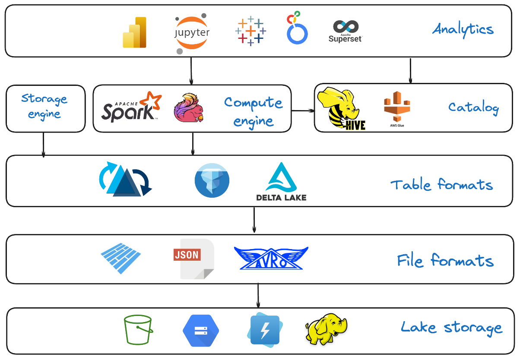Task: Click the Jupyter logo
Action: click(x=191, y=33)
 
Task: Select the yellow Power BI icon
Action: click(x=135, y=32)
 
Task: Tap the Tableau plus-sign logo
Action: click(x=250, y=31)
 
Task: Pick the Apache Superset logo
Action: click(x=345, y=31)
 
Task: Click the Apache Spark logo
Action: click(x=131, y=107)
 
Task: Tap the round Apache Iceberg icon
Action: click(x=212, y=180)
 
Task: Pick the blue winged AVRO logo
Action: click(x=271, y=259)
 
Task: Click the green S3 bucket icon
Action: click(x=138, y=330)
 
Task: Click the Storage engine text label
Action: click(x=44, y=107)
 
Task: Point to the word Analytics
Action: click(x=463, y=29)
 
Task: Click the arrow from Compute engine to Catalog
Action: click(x=302, y=111)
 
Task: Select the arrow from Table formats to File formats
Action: click(x=254, y=220)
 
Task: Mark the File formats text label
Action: click(x=445, y=261)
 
